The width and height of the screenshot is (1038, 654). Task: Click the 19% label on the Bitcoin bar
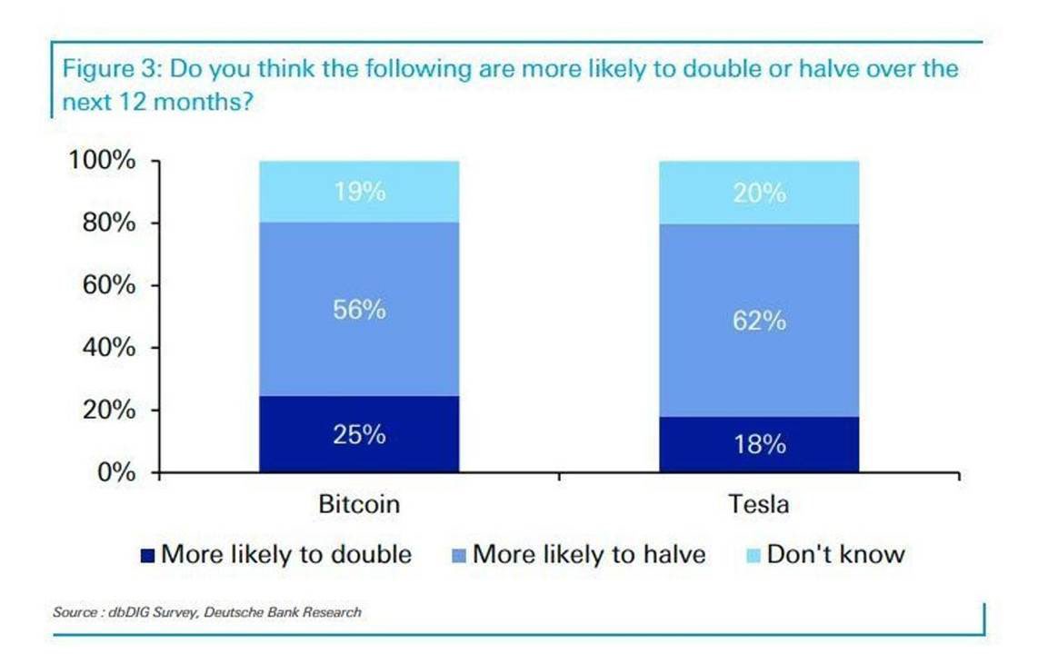(359, 193)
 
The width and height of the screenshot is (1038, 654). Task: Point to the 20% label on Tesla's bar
(759, 193)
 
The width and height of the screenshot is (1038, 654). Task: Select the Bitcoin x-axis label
(359, 504)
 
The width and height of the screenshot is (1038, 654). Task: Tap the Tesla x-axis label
(759, 504)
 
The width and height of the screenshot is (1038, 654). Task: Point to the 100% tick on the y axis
(102, 162)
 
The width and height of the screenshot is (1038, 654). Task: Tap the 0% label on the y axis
(116, 472)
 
